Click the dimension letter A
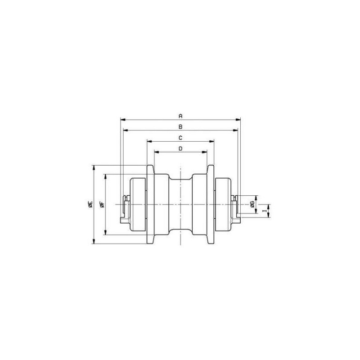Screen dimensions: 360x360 180,116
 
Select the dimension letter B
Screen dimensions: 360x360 180,127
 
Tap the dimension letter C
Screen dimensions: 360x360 180,138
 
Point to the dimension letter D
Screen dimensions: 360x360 180,148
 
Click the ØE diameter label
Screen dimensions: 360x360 90,204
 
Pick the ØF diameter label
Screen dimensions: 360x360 103,204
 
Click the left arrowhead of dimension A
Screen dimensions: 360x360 123,120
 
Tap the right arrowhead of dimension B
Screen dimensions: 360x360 235,130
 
